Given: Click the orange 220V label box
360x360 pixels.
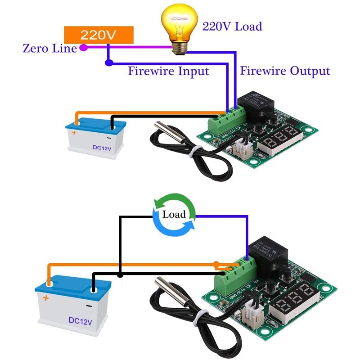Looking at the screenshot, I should [x=99, y=35].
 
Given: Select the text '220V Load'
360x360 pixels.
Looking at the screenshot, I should [x=232, y=27].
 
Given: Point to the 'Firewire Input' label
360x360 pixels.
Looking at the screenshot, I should [x=168, y=71].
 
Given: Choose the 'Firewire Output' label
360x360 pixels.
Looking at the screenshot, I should [x=285, y=71].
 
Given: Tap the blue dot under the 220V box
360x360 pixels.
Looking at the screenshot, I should [x=108, y=62].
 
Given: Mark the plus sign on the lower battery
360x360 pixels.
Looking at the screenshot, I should [x=45, y=297].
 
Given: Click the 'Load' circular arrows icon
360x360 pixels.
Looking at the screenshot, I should [x=174, y=214].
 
